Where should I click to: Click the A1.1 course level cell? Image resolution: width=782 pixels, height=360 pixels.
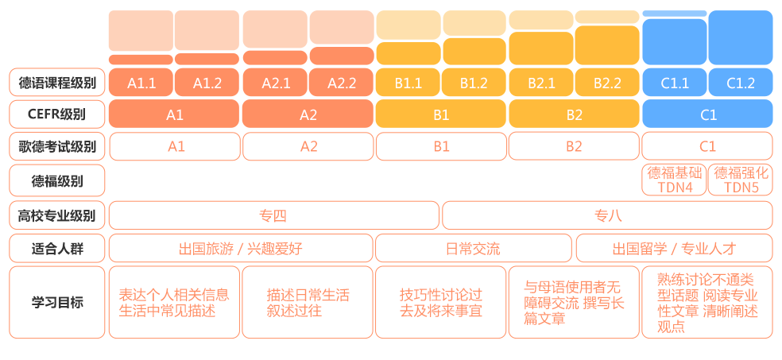141,83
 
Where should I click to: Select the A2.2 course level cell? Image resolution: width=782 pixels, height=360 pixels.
342,83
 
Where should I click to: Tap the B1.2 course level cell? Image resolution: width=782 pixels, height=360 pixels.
474,83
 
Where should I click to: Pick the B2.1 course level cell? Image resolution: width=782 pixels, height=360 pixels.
541,83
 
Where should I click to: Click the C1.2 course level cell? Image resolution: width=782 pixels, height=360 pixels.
741,83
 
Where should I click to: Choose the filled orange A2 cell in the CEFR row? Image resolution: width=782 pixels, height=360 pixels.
308,114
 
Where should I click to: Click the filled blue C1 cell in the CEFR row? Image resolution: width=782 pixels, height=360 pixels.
707,114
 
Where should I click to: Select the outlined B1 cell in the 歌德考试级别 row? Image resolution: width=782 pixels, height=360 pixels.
441,146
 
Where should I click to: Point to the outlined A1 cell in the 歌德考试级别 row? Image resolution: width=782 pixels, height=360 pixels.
175,146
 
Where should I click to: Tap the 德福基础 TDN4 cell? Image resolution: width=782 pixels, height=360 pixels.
674,180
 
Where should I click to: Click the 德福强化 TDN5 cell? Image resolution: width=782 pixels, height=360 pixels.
741,180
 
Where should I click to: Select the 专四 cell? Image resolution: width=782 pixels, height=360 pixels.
274,215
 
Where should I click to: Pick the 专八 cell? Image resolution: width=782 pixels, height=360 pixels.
607,215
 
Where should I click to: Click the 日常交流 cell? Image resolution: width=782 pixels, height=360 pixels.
474,248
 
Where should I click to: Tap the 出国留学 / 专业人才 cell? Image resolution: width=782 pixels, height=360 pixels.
674,248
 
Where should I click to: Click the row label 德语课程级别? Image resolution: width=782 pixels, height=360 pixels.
57,83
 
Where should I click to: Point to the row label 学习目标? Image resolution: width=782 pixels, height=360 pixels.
57,302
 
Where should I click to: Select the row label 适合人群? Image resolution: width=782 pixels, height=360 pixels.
57,248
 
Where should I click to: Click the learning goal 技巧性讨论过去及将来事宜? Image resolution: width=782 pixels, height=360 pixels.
441,302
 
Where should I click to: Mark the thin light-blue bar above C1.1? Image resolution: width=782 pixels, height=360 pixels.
674,14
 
